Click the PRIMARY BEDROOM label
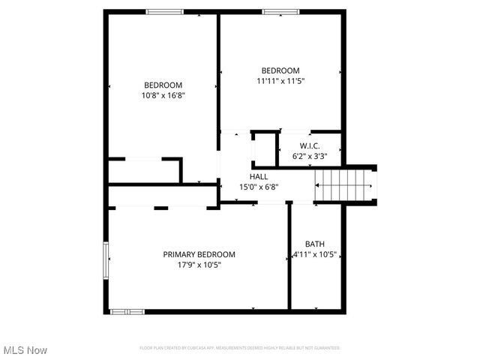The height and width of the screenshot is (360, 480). click(199, 254)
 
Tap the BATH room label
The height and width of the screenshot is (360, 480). click(314, 244)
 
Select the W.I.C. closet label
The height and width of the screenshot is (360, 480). click(310, 145)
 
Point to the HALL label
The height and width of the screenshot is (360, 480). click(248, 176)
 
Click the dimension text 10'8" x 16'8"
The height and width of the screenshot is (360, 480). click(163, 95)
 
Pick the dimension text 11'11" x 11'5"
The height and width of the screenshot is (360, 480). click(280, 80)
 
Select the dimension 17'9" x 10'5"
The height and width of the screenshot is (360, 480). click(199, 264)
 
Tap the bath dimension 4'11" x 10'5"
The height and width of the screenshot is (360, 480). click(314, 254)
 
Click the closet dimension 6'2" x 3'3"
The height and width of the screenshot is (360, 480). click(310, 156)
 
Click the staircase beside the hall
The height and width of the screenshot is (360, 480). click(345, 184)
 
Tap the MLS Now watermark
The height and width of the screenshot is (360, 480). click(25, 350)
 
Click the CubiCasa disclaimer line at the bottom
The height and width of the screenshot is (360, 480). click(240, 348)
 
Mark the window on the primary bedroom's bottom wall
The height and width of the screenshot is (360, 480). click(127, 311)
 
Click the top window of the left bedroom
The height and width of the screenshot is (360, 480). click(164, 11)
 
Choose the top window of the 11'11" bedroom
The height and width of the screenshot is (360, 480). click(280, 11)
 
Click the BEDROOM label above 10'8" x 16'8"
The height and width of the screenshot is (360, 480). click(163, 85)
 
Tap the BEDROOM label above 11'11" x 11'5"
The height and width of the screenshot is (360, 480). click(280, 70)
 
